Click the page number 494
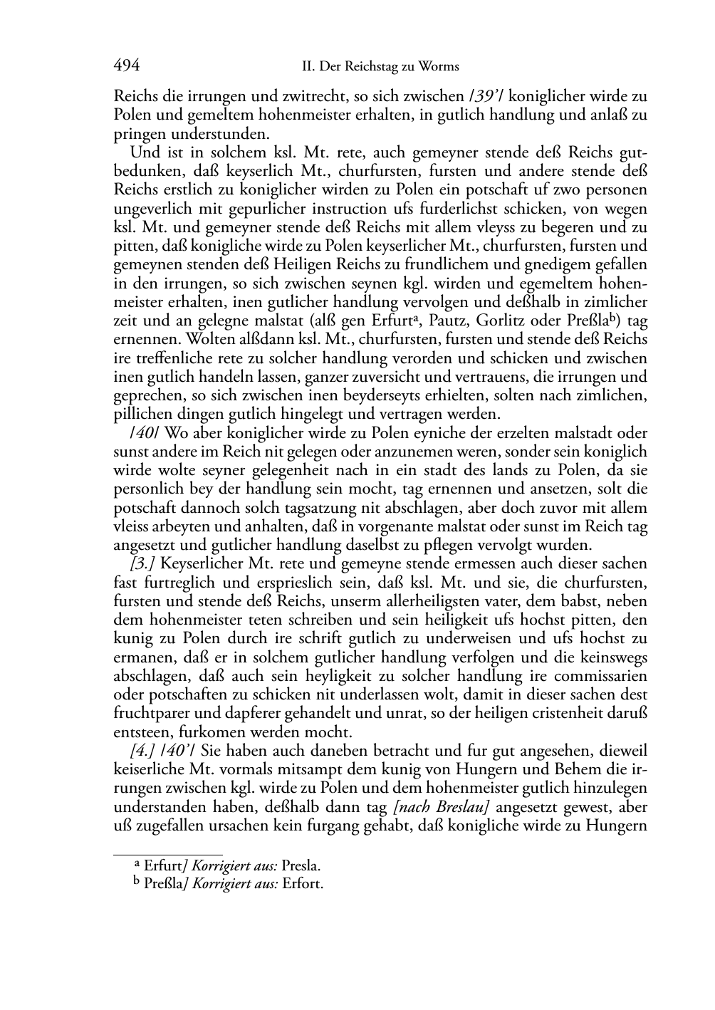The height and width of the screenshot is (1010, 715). [x=126, y=66]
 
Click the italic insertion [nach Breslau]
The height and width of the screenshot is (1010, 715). [x=441, y=807]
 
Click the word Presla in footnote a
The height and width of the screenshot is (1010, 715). [x=301, y=867]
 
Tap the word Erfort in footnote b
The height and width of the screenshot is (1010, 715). [x=303, y=885]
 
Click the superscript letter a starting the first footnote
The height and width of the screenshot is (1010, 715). [x=138, y=864]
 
